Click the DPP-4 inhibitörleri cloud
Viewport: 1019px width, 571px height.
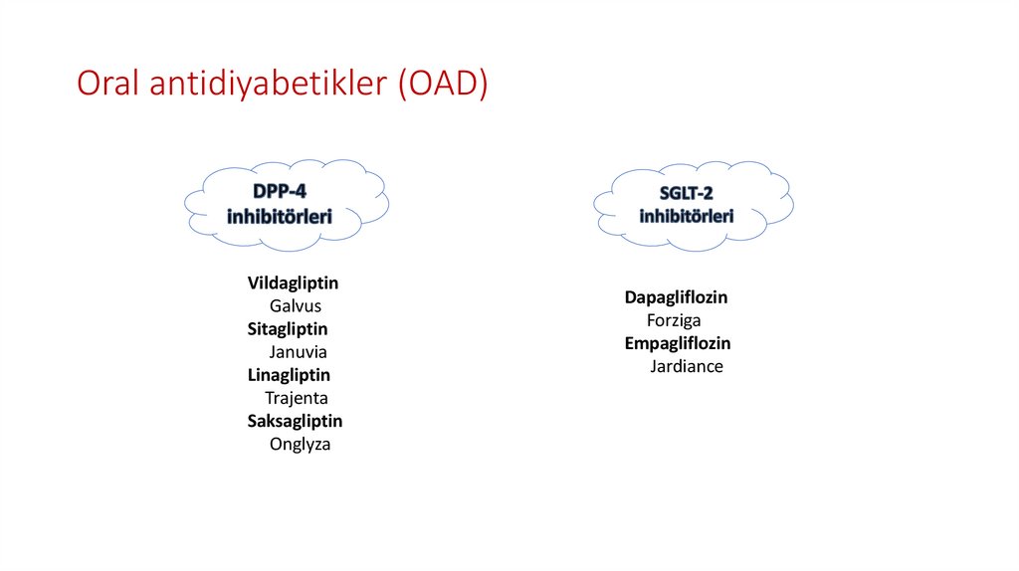point(287,203)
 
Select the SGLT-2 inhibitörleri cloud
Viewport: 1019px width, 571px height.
point(693,204)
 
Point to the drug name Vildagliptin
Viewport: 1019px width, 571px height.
point(293,283)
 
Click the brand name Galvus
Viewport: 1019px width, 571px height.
point(296,305)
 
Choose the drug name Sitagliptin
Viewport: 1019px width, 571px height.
point(288,328)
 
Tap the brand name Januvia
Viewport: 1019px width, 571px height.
point(298,351)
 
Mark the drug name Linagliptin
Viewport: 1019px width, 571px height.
point(289,375)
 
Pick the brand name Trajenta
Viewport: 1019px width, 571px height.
point(297,398)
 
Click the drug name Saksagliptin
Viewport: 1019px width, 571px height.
point(295,421)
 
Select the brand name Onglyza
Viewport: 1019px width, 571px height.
point(300,445)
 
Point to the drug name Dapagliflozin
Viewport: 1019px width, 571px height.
point(676,297)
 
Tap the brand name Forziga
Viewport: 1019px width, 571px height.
point(674,320)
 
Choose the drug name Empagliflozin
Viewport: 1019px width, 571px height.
point(678,343)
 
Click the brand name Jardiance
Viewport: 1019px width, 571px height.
point(687,366)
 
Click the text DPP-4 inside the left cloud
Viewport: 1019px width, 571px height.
point(279,191)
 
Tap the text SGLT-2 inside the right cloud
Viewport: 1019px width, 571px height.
point(687,193)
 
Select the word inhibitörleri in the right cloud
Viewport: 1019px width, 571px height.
point(687,215)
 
